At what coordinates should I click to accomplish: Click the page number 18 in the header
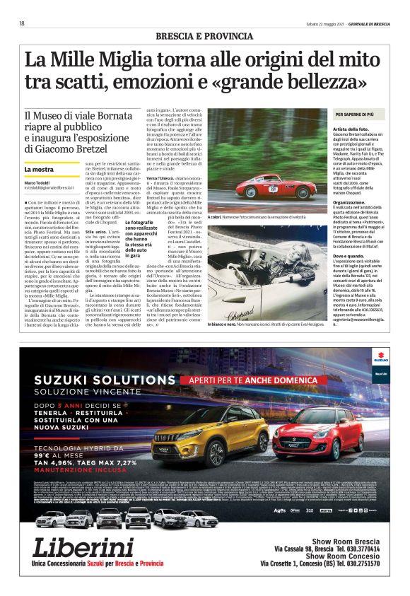(22, 23)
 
